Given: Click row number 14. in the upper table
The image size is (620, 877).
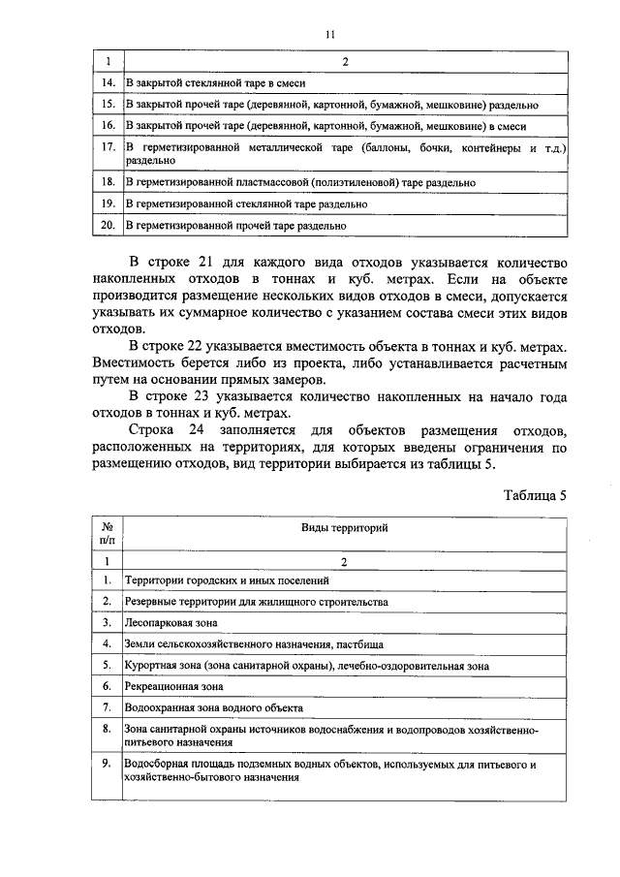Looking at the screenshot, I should point(108,83).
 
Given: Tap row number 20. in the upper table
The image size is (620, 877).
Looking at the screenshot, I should point(108,226).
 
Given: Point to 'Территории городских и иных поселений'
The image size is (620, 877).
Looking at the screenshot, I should point(228,579).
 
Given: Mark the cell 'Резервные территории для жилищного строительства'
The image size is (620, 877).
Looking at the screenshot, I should point(257,601).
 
